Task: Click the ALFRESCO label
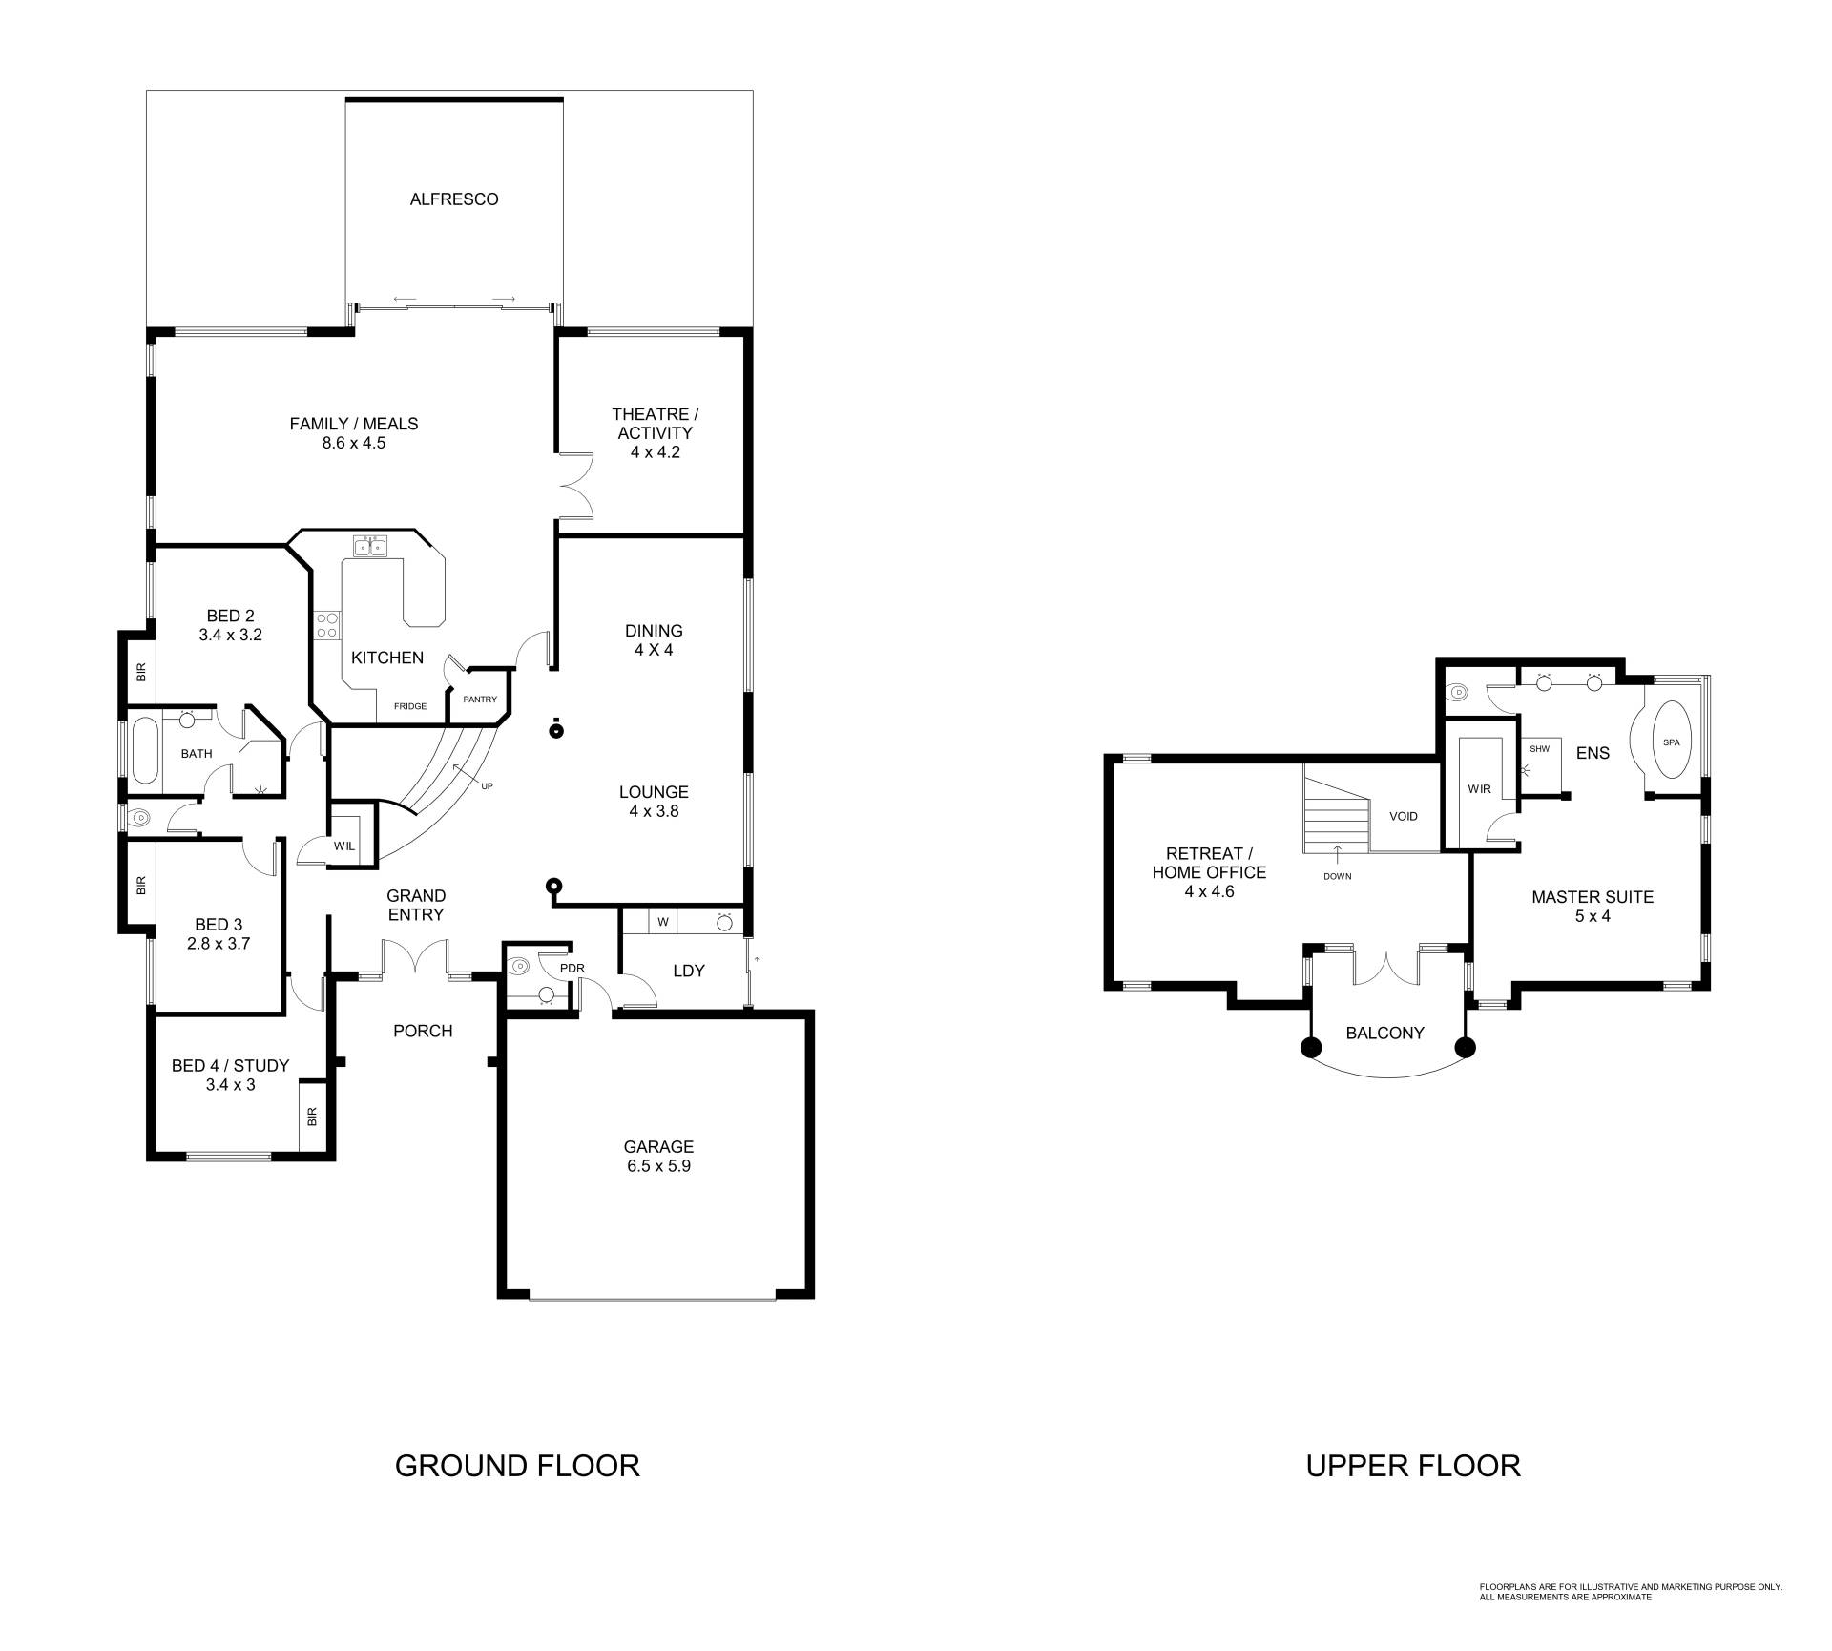tap(454, 199)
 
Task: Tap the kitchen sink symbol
tap(370, 546)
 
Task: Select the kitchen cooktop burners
tap(326, 624)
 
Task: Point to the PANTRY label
tap(480, 700)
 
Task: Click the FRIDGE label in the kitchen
tap(410, 706)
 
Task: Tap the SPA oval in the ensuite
tap(1671, 742)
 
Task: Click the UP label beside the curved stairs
tap(487, 786)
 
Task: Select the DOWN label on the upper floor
tap(1337, 876)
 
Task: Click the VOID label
tap(1404, 816)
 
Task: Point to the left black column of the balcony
tap(1311, 1048)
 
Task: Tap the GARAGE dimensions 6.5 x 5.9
tap(658, 1166)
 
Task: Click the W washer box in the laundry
tap(662, 922)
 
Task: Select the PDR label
tap(572, 968)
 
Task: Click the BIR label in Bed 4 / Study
tap(312, 1116)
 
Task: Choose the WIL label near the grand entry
tap(343, 846)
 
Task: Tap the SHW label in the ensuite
tap(1539, 749)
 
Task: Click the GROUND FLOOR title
tap(517, 1465)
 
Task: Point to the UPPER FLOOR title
tap(1413, 1465)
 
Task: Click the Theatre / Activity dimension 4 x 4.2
tap(655, 452)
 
